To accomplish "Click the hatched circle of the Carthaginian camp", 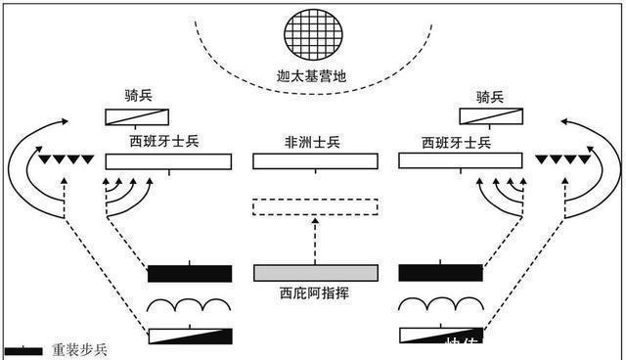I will [x=313, y=36].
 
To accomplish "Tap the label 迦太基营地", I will [x=313, y=76].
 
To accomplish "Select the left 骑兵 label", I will [x=137, y=96].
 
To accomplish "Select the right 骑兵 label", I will [x=490, y=96].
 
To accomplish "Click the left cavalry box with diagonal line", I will [x=138, y=117].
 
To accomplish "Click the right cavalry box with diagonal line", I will [x=490, y=117].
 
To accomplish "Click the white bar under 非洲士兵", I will [x=314, y=161].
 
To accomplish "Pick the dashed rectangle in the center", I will [x=315, y=206].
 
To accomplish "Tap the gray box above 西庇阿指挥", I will [x=315, y=272].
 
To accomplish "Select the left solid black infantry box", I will [x=190, y=273].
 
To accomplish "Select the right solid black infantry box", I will [x=441, y=273].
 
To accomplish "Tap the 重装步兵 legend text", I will [x=80, y=349].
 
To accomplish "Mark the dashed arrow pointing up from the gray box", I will [x=315, y=240].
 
